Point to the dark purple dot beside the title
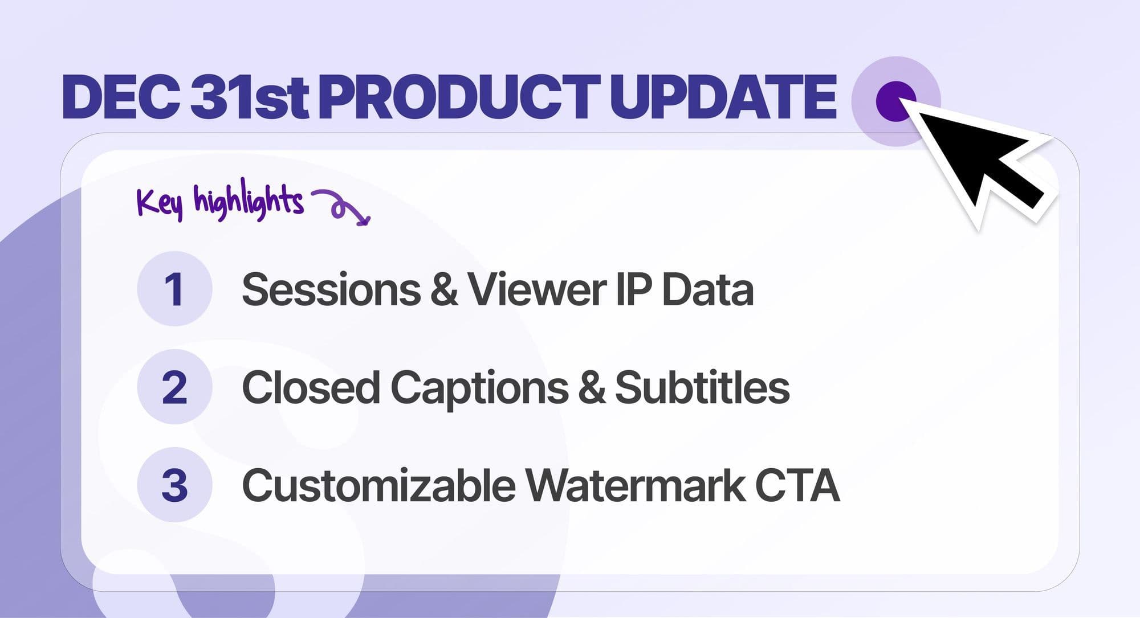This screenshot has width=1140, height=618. point(895,101)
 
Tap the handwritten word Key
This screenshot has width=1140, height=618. point(160,202)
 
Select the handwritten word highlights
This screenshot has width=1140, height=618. point(249,200)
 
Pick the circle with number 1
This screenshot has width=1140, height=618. point(174,289)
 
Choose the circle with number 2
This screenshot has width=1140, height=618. point(174,387)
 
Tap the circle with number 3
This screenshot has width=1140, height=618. point(174,485)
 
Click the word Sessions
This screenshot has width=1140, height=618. point(331,289)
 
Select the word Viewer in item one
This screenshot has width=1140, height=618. point(536,289)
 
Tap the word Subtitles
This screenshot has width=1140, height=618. point(702,387)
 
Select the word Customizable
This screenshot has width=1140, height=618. point(379,485)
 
